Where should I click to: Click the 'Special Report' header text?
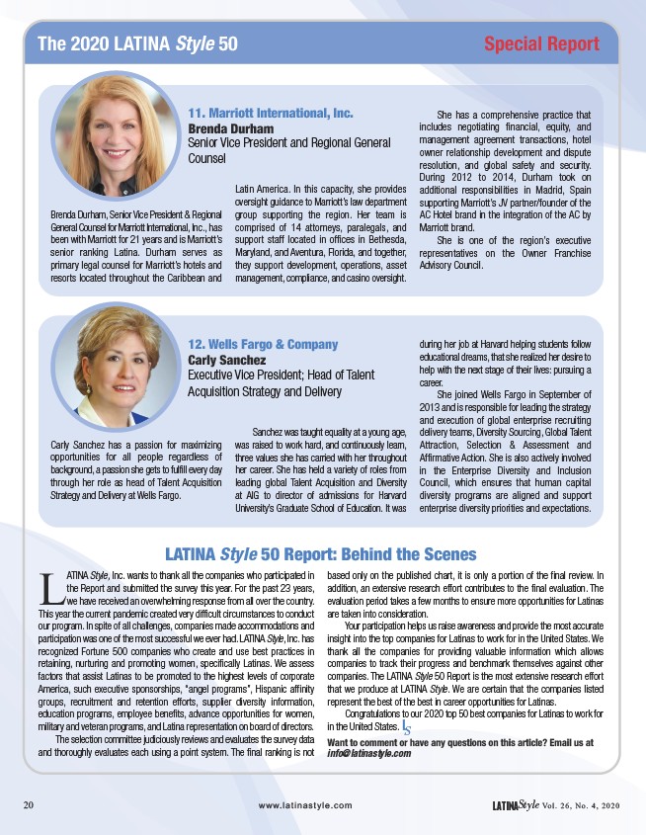[x=541, y=43]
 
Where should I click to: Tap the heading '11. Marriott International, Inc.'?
[x=271, y=112]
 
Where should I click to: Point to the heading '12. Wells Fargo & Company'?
[x=263, y=344]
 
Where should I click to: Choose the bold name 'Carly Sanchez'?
[x=228, y=360]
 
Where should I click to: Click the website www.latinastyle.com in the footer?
[x=304, y=805]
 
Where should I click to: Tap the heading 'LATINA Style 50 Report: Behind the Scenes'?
[x=320, y=554]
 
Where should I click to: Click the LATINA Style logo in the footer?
[x=516, y=804]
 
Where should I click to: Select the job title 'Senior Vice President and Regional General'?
[x=289, y=143]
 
